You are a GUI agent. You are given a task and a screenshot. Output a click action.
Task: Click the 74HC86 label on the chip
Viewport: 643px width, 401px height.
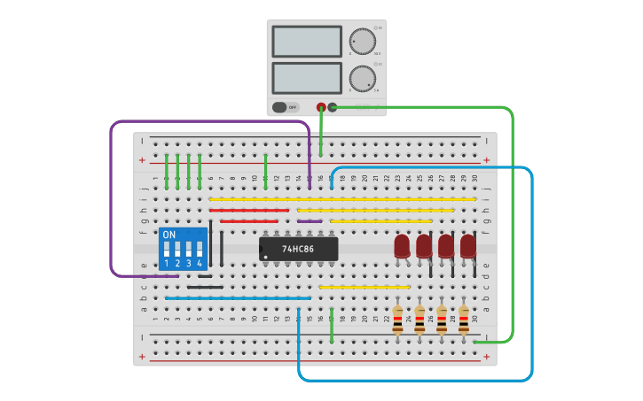tap(298, 249)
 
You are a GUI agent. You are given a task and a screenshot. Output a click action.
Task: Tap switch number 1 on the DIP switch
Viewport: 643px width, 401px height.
tap(167, 250)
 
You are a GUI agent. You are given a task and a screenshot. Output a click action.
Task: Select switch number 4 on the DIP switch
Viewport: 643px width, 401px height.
tap(200, 250)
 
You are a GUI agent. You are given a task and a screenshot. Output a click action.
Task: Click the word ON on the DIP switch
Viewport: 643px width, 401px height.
tap(169, 235)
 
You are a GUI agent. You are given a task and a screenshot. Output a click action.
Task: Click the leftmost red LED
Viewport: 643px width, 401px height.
tap(402, 245)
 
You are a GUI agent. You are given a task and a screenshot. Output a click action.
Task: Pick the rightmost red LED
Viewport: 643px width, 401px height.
tap(467, 245)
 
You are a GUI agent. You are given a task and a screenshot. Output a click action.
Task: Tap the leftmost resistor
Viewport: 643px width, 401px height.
tap(397, 320)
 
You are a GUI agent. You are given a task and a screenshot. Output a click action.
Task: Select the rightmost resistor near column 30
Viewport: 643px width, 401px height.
tap(463, 320)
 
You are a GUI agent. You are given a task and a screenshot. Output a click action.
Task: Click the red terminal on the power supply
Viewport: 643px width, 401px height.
tap(321, 107)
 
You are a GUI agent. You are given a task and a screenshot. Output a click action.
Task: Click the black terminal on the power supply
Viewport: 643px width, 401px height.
tap(333, 107)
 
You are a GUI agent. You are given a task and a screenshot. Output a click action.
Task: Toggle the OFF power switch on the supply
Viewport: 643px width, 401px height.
tap(285, 107)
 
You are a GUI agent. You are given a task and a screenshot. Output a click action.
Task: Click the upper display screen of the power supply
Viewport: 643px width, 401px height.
tap(306, 42)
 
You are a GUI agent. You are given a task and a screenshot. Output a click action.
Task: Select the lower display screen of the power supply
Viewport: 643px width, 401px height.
tap(306, 78)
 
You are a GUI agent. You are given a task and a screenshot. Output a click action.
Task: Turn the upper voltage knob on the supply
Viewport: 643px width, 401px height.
tap(362, 41)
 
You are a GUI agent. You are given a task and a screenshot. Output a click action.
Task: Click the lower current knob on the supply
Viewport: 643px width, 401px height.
tap(362, 78)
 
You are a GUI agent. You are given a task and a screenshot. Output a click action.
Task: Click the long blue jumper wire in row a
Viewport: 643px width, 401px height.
tap(238, 298)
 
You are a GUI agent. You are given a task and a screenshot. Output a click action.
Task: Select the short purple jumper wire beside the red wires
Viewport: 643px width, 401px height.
tap(310, 221)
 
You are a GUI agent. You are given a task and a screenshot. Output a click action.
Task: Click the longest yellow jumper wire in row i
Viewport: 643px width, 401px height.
tap(342, 199)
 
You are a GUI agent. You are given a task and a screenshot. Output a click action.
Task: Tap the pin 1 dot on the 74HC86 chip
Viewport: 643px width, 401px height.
tap(265, 258)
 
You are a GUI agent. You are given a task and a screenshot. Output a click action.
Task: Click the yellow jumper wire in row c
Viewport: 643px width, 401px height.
tap(364, 287)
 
